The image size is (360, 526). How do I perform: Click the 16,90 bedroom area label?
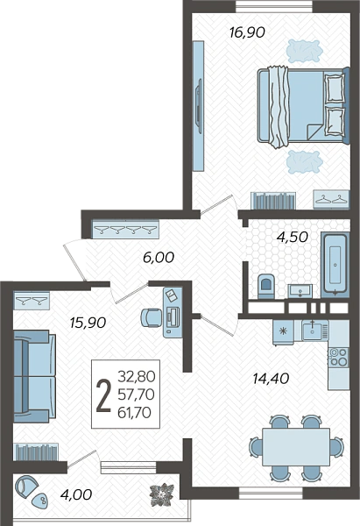click(x=247, y=32)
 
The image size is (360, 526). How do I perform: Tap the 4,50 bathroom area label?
click(x=292, y=237)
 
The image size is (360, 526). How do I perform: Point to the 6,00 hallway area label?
click(x=159, y=258)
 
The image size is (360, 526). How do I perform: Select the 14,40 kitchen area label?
click(x=271, y=379)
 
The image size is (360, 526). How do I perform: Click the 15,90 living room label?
click(x=88, y=323)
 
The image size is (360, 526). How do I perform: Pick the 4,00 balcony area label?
click(x=76, y=494)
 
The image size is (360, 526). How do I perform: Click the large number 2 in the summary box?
click(x=103, y=395)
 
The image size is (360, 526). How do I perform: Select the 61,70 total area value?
click(x=134, y=413)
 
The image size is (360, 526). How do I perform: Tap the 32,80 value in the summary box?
click(x=137, y=377)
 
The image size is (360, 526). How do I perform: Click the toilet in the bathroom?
click(x=266, y=286)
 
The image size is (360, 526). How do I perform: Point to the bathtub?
click(x=335, y=265)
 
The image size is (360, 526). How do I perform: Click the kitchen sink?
click(x=312, y=331)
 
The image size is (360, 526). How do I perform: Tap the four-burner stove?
click(x=339, y=357)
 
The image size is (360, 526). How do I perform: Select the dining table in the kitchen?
click(x=296, y=447)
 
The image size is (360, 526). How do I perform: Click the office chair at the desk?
click(x=151, y=317)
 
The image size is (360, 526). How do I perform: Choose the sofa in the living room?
click(x=34, y=376)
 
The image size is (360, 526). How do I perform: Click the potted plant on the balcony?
click(x=163, y=494)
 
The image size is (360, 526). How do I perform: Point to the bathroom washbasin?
click(x=300, y=291)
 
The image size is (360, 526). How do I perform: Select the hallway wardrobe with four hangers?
click(x=125, y=229)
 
